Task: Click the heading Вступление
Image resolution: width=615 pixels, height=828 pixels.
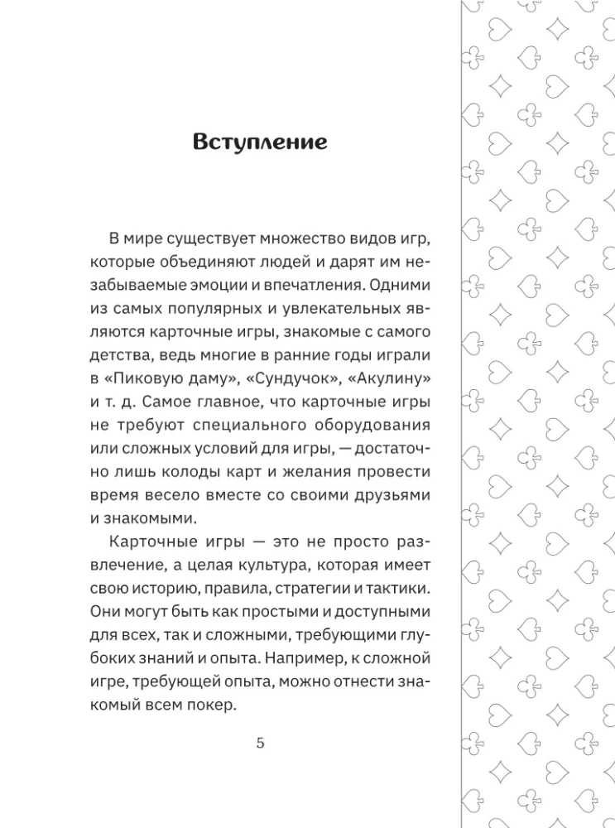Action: tap(260, 142)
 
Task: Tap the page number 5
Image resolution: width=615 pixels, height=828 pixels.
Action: tap(261, 742)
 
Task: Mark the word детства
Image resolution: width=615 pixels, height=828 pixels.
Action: tap(117, 355)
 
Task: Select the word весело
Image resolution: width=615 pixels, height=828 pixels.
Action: tap(180, 494)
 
